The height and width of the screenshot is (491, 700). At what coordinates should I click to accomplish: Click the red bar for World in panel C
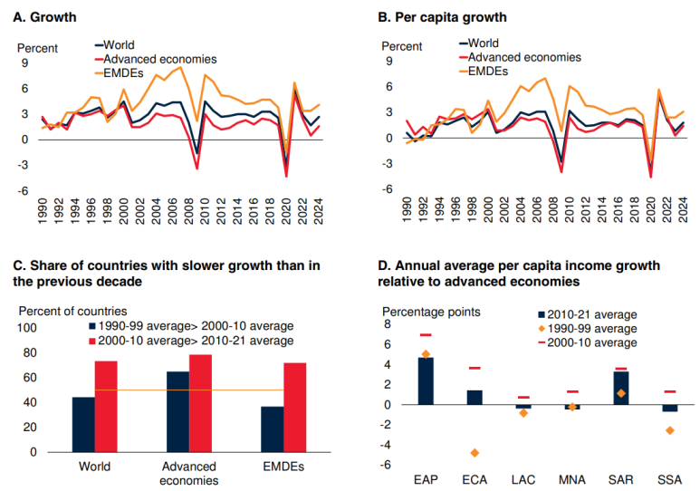[106, 405]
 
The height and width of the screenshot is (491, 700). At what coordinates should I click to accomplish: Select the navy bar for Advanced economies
[177, 410]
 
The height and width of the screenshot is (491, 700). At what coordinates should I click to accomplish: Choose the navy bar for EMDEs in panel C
[271, 428]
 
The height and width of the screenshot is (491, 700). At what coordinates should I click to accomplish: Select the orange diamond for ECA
[474, 452]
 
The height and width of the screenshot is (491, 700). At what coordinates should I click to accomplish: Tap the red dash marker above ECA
[474, 368]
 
